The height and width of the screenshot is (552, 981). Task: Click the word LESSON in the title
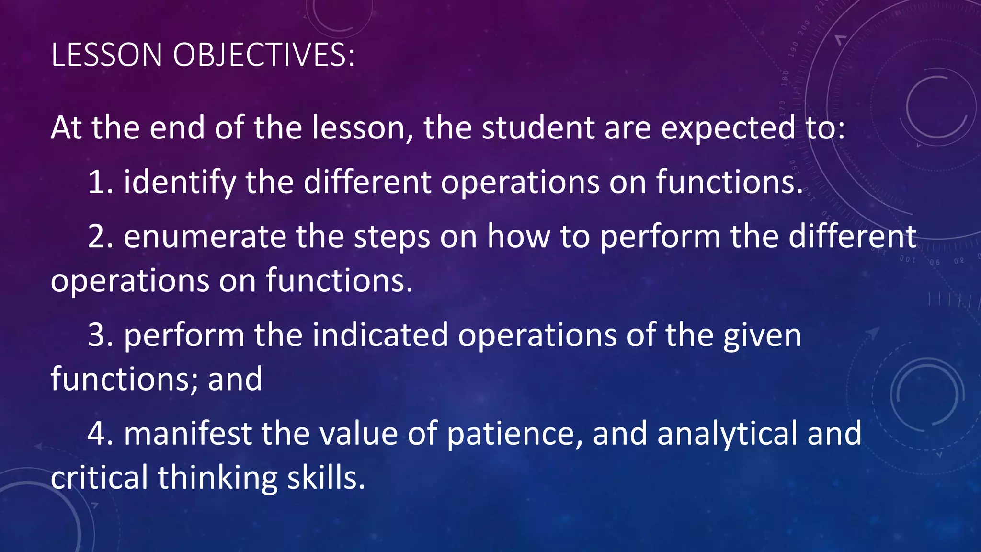[x=106, y=55]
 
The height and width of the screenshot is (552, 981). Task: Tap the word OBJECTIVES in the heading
[x=263, y=55]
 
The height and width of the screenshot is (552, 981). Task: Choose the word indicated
[x=380, y=335]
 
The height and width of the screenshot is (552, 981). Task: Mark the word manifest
[x=188, y=433]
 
